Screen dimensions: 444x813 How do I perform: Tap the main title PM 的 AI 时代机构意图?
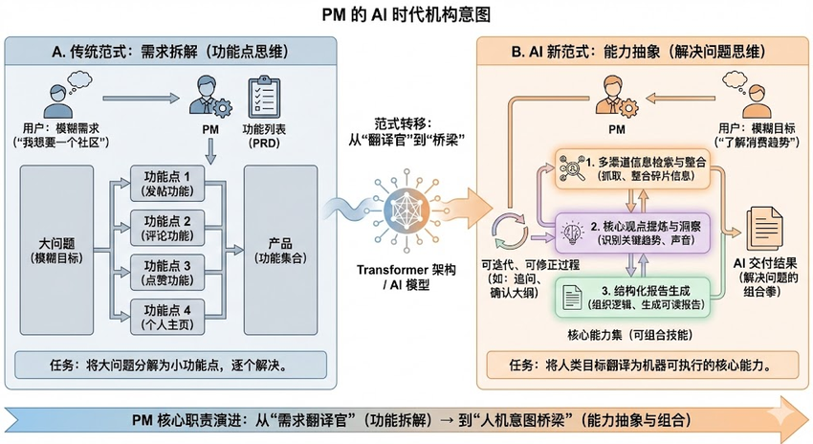[406, 15]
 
